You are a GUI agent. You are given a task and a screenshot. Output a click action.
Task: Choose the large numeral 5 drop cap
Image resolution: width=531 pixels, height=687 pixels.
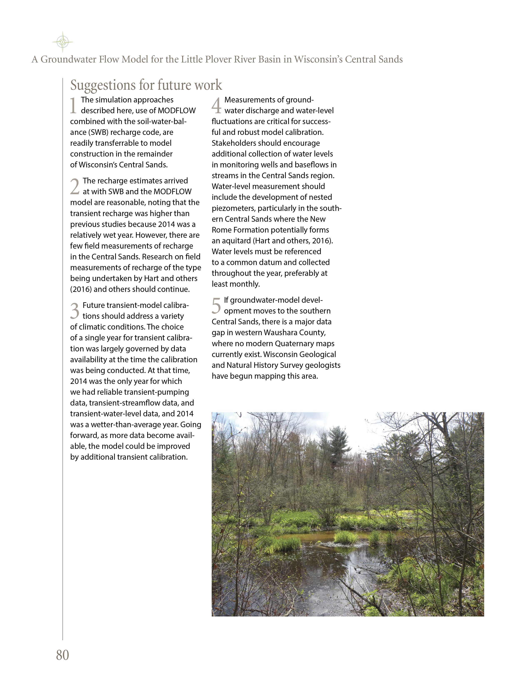pyautogui.click(x=216, y=306)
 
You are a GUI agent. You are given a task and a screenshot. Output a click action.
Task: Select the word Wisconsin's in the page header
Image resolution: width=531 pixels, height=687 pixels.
pyautogui.click(x=318, y=60)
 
